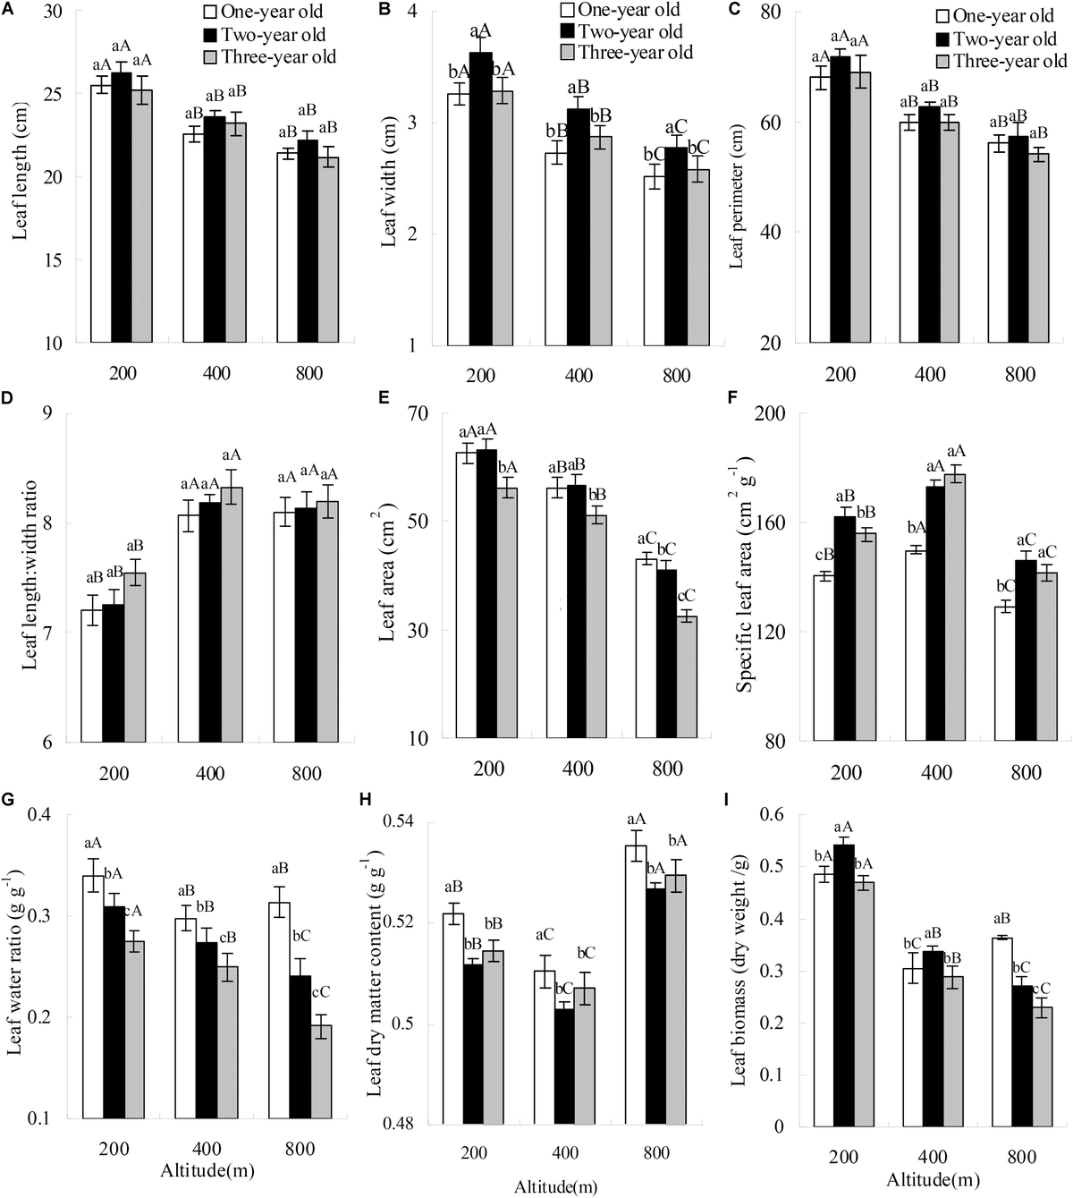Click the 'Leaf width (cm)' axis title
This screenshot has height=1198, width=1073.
[391, 179]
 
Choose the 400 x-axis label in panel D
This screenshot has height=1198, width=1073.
[209, 773]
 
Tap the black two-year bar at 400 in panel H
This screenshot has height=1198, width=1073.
[563, 1066]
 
